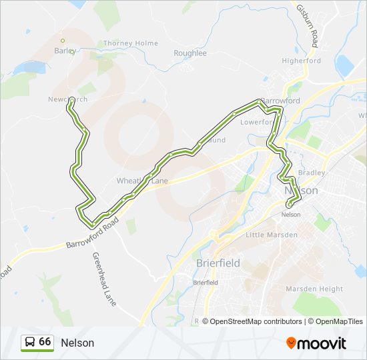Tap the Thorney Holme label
131,43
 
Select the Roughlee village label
190,53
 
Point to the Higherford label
302,61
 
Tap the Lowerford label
257,122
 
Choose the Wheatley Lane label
142,181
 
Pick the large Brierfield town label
218,263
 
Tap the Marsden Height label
314,289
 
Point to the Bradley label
312,173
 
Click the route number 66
45,342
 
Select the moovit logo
316,343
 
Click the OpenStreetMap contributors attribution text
252,321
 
